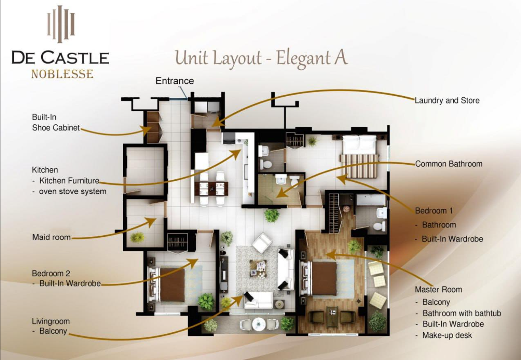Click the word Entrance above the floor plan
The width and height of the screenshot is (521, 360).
point(175,81)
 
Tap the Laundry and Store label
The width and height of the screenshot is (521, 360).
point(447,101)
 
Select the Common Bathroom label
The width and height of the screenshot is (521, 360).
point(448,164)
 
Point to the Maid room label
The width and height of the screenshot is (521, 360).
point(52,237)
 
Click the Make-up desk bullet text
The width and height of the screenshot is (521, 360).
point(447,335)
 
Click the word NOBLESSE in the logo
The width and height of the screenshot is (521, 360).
point(62,74)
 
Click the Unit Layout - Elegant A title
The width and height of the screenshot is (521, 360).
point(261,58)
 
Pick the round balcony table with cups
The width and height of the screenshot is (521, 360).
point(259,324)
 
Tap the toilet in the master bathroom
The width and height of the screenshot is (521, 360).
point(380,226)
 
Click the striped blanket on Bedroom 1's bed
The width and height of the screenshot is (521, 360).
point(359,166)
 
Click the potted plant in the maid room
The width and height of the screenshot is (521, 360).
point(137,238)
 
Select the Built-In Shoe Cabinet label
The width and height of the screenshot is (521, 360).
point(56,122)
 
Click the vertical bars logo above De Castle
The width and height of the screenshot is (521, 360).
point(61,24)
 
